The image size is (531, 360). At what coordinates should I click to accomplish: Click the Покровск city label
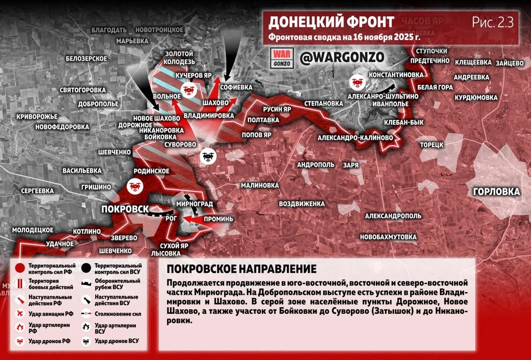pyautogui.click(x=125, y=209)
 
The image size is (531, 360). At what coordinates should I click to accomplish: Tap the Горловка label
pyautogui.click(x=496, y=192)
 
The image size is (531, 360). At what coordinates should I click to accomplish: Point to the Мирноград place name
pyautogui.click(x=195, y=204)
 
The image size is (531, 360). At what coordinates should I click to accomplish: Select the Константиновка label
pyautogui.click(x=396, y=74)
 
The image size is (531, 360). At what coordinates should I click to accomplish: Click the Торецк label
pyautogui.click(x=432, y=145)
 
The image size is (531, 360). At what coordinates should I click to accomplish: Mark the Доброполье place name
pyautogui.click(x=98, y=104)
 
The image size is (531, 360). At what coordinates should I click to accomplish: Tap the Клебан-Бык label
pyautogui.click(x=404, y=122)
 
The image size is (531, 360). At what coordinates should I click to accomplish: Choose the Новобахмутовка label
pyautogui.click(x=388, y=237)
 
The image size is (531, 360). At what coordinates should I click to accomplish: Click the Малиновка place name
pyautogui.click(x=260, y=185)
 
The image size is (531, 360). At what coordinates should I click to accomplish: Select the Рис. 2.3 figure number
pyautogui.click(x=493, y=22)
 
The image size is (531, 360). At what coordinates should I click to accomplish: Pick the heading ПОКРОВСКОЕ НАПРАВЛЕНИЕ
pyautogui.click(x=241, y=269)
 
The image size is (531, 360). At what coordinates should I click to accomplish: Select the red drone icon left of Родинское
pyautogui.click(x=134, y=186)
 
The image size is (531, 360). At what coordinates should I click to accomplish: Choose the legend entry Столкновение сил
pyautogui.click(x=118, y=314)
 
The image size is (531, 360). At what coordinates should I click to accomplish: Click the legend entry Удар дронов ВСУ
pyautogui.click(x=116, y=341)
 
